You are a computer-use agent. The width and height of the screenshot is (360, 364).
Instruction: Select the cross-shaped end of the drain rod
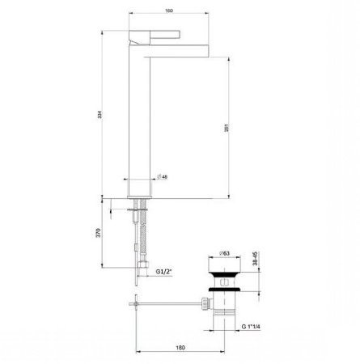point(133,303)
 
